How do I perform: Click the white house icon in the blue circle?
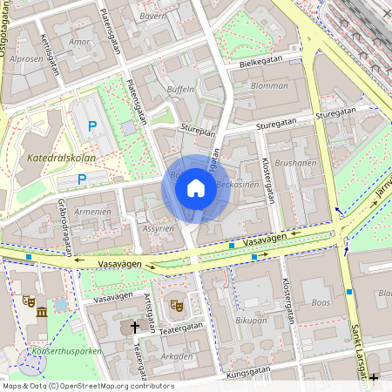[x=196, y=188]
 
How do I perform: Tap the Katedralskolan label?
[x=61, y=159]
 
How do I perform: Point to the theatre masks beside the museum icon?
[x=29, y=301]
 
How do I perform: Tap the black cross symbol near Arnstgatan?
[x=135, y=327]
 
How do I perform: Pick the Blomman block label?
[x=269, y=86]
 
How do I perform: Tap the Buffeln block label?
[x=179, y=90]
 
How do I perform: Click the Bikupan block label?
[x=251, y=321]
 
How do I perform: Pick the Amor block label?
[x=79, y=41]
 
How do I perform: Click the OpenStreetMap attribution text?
[x=87, y=386]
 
